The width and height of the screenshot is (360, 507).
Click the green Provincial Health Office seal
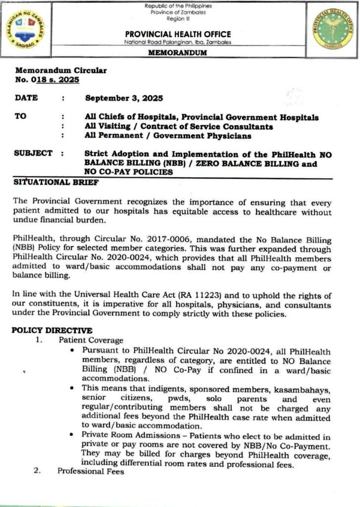pyautogui.click(x=330, y=28)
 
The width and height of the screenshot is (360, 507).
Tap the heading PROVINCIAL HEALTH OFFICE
pyautogui.click(x=178, y=34)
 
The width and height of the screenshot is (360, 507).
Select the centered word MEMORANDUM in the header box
pyautogui.click(x=178, y=53)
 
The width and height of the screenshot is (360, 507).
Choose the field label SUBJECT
pyautogui.click(x=33, y=153)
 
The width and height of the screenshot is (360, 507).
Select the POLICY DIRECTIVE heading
pyautogui.click(x=52, y=330)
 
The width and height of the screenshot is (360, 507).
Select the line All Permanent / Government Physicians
pyautogui.click(x=168, y=136)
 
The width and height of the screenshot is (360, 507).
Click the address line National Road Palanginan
pyautogui.click(x=177, y=43)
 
